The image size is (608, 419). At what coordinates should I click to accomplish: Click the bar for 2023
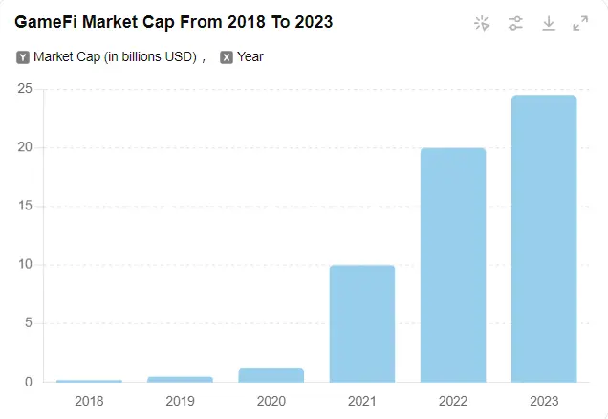pos(544,239)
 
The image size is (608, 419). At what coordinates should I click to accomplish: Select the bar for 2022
pos(453,265)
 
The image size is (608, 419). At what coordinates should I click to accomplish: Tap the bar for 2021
pos(362,323)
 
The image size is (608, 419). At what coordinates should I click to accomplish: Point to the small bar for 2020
pos(271,375)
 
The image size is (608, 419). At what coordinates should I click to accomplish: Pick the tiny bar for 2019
pos(181,379)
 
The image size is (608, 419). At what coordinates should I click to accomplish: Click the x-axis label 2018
pos(89,400)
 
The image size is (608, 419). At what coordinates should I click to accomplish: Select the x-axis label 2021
pos(362,400)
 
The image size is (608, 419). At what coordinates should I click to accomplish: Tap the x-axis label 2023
pos(544,400)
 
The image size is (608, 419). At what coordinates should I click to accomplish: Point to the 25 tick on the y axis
pos(25,89)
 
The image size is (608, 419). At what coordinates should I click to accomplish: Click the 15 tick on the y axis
pos(25,206)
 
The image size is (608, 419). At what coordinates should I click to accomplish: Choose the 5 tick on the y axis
pos(29,323)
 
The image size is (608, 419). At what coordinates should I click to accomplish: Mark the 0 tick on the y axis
pos(29,382)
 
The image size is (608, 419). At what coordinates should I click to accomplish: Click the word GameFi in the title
pos(47,22)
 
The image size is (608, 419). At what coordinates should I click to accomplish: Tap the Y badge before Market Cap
pos(23,57)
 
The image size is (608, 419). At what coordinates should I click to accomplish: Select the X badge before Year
pos(227,57)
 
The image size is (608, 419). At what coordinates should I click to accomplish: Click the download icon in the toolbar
pos(549,23)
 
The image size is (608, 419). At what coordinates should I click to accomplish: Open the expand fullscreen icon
pos(580,23)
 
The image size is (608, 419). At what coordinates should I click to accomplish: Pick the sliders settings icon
pos(515,23)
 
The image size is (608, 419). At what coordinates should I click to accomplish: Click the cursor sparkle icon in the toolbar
pos(482,23)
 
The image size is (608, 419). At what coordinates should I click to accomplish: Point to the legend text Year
pos(250,57)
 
